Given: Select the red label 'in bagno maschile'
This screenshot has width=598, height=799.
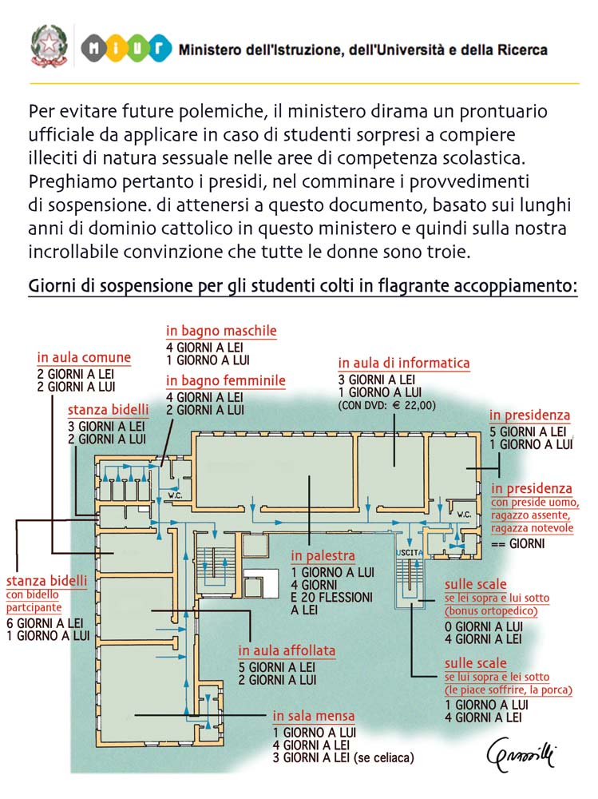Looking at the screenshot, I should coord(221,331).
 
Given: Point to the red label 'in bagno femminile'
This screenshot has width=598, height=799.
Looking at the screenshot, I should coord(225,381).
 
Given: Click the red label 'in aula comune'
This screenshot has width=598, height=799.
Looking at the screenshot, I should coord(84,357).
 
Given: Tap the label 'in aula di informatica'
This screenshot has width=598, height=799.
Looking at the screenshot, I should coord(403,363).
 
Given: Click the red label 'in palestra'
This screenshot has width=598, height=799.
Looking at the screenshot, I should coord(323,556).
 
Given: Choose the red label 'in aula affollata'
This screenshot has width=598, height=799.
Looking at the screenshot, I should coord(287,650).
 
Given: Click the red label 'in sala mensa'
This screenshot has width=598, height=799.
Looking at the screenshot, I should coord(313,716).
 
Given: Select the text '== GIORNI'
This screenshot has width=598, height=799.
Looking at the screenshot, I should coord(517,544).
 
